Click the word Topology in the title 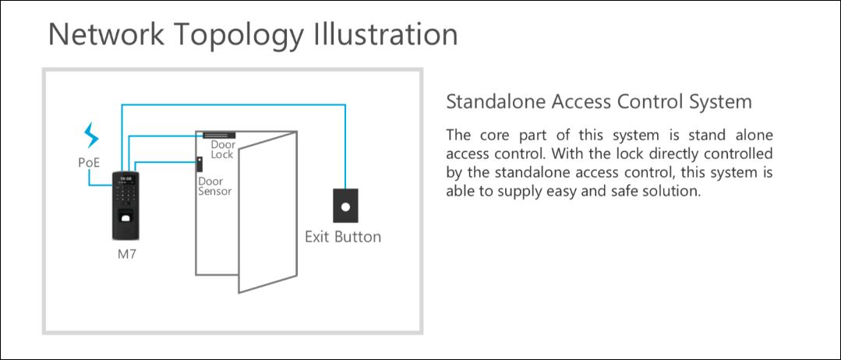239,35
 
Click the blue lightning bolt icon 92,136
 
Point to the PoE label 90,162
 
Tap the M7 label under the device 127,254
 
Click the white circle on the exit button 346,206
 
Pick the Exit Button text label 343,237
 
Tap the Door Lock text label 223,150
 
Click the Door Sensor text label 215,186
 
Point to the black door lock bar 219,136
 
